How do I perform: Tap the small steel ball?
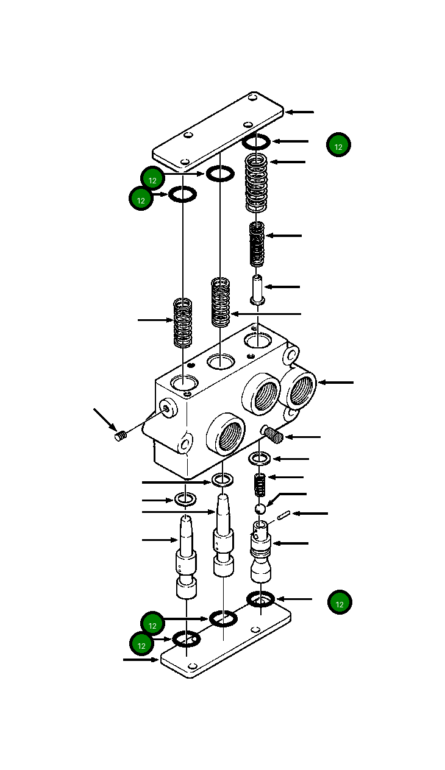pos(260,509)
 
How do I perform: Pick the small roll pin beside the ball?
pos(282,517)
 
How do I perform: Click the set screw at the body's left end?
pos(120,436)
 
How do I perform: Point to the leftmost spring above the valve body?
pos(183,322)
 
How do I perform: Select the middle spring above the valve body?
pos(221,302)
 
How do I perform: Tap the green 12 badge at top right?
pos(338,146)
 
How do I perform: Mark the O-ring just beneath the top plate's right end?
pos(256,143)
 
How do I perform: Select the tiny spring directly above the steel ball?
pos(260,486)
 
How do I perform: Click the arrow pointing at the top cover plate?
pos(300,112)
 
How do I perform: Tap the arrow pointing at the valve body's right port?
pos(335,383)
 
